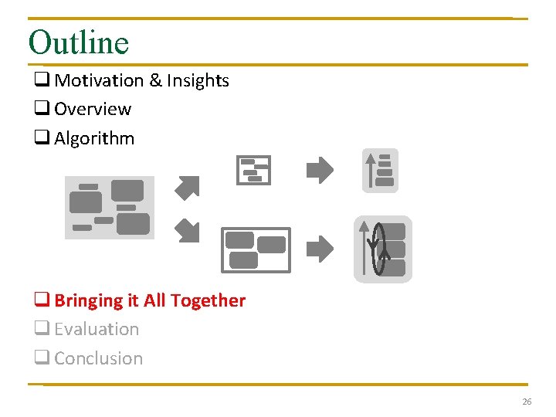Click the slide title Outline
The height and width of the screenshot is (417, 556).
click(x=78, y=42)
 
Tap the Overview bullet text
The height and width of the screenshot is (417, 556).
click(x=93, y=109)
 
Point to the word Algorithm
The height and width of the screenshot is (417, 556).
click(x=94, y=138)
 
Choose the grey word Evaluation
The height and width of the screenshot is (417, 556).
click(x=97, y=329)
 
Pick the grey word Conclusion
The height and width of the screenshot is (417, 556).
click(x=98, y=358)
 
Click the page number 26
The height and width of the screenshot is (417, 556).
click(x=527, y=402)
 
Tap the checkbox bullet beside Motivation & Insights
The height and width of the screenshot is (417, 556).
click(x=41, y=80)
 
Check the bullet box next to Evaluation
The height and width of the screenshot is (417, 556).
click(x=41, y=330)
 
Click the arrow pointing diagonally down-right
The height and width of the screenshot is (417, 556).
click(x=187, y=229)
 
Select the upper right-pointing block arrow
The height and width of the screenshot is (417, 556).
click(x=320, y=170)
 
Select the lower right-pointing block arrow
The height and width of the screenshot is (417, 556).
click(x=320, y=249)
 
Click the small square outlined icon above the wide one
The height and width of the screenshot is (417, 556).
click(x=253, y=170)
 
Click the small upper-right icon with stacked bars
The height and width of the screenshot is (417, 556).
click(x=380, y=170)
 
